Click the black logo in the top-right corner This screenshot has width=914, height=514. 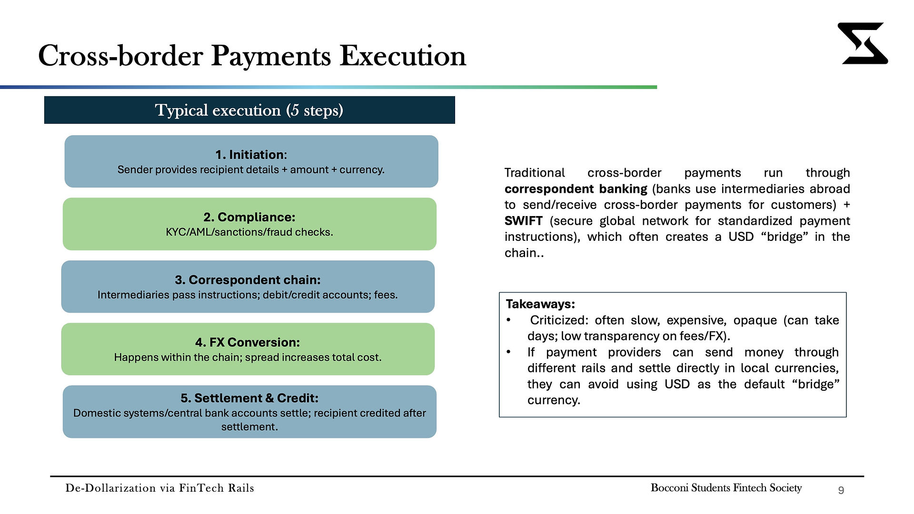pyautogui.click(x=863, y=43)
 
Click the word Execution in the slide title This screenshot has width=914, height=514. pyautogui.click(x=403, y=56)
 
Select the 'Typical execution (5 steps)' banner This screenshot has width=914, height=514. pyautogui.click(x=249, y=110)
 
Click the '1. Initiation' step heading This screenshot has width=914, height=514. pyautogui.click(x=251, y=155)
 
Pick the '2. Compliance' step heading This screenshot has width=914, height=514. pyautogui.click(x=249, y=217)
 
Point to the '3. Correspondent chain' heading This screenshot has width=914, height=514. pyautogui.click(x=248, y=280)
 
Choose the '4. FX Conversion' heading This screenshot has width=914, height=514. pyautogui.click(x=248, y=342)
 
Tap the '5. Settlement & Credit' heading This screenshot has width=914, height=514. pyautogui.click(x=249, y=398)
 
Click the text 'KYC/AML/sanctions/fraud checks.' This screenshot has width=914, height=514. pyautogui.click(x=249, y=232)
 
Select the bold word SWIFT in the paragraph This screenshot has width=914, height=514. pyautogui.click(x=524, y=221)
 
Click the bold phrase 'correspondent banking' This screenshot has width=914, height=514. pyautogui.click(x=576, y=189)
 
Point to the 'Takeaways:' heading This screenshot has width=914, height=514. pyautogui.click(x=540, y=304)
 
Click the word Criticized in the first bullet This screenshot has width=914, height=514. pyautogui.click(x=559, y=320)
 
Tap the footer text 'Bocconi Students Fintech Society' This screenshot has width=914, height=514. pyautogui.click(x=726, y=488)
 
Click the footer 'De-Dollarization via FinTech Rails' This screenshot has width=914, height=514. pyautogui.click(x=160, y=488)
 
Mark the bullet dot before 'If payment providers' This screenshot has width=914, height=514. pyautogui.click(x=508, y=352)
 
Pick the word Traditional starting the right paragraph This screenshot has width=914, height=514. pyautogui.click(x=535, y=173)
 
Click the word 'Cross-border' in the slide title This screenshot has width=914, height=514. pyautogui.click(x=120, y=56)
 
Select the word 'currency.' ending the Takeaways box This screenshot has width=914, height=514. pyautogui.click(x=554, y=400)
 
